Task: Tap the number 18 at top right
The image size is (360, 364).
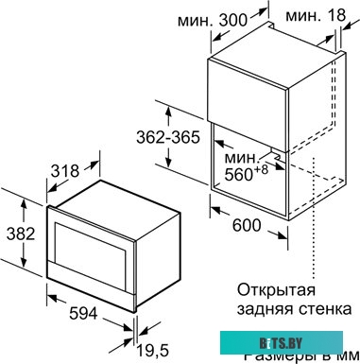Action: point(339,16)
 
